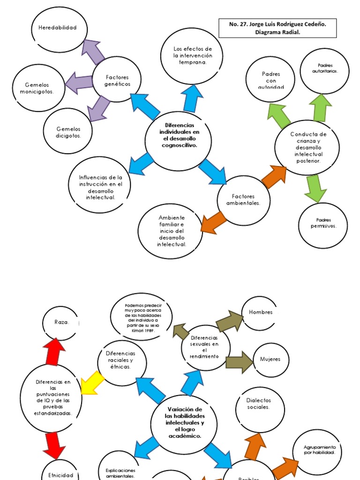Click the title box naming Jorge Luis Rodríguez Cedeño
point(277,28)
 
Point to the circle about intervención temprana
point(192,56)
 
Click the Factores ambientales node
point(243,200)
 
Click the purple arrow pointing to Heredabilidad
point(94,52)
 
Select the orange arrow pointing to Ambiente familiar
point(212,222)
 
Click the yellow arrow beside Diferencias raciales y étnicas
point(92,382)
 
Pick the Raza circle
point(61,323)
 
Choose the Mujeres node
point(270,360)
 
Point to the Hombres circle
point(261,313)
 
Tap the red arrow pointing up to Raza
point(55,350)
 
